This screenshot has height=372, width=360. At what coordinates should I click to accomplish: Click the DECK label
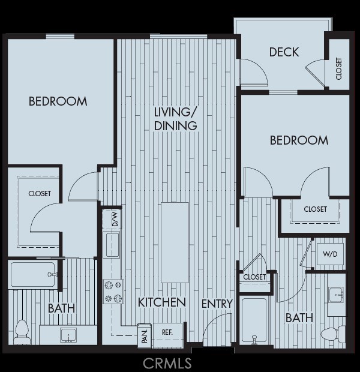point(284,52)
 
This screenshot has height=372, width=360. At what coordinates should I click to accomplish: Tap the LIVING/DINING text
point(176,119)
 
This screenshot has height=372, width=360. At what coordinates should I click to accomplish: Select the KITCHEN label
point(161,302)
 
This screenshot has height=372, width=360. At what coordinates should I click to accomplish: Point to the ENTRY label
point(217,304)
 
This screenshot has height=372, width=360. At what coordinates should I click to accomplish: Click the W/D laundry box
point(330,254)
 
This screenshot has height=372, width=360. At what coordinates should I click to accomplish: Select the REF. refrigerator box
point(167,332)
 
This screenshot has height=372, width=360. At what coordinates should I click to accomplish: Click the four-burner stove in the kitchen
point(113,291)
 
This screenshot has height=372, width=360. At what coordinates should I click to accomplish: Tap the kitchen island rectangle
point(175,242)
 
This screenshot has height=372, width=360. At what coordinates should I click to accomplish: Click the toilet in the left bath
point(22,331)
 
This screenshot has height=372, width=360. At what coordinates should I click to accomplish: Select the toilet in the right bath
point(331,334)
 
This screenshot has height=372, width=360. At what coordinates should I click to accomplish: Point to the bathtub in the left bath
point(34,274)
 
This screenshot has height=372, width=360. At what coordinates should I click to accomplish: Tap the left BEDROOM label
point(58,101)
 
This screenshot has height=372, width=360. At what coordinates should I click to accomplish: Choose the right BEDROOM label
point(299,140)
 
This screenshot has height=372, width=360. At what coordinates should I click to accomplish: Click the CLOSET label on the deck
point(339,68)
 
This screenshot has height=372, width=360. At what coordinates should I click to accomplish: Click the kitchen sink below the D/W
point(112,245)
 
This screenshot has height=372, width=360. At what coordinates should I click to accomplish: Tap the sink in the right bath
point(335,295)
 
